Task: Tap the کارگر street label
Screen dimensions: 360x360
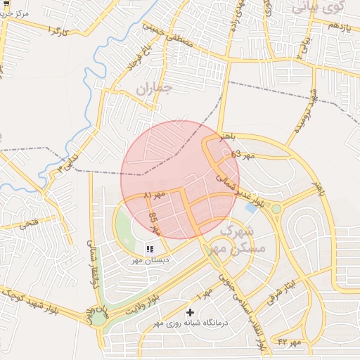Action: pos(57,32)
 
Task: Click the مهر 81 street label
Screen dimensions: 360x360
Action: pos(154,195)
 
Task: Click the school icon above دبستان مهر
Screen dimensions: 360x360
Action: pos(150,248)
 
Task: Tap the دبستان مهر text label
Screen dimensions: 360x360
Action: pos(148,259)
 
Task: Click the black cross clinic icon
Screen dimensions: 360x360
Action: pos(190,311)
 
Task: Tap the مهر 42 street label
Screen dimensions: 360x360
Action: pos(289,342)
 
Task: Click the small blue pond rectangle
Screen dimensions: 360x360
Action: pos(251,208)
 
